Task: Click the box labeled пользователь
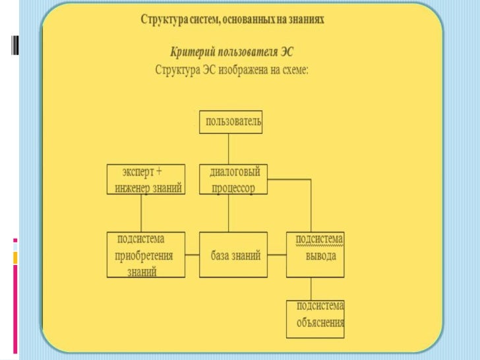231,122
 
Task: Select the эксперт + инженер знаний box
145,179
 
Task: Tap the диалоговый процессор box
234,179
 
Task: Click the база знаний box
234,255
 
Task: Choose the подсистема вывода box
315,255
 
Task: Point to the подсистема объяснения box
315,319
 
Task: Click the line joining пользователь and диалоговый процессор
229,149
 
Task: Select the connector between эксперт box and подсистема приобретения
141,213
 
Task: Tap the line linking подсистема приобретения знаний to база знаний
191,255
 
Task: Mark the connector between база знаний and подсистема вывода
277,255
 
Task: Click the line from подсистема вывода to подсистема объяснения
311,289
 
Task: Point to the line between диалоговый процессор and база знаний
229,213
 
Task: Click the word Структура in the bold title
164,20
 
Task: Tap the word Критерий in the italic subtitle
193,51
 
